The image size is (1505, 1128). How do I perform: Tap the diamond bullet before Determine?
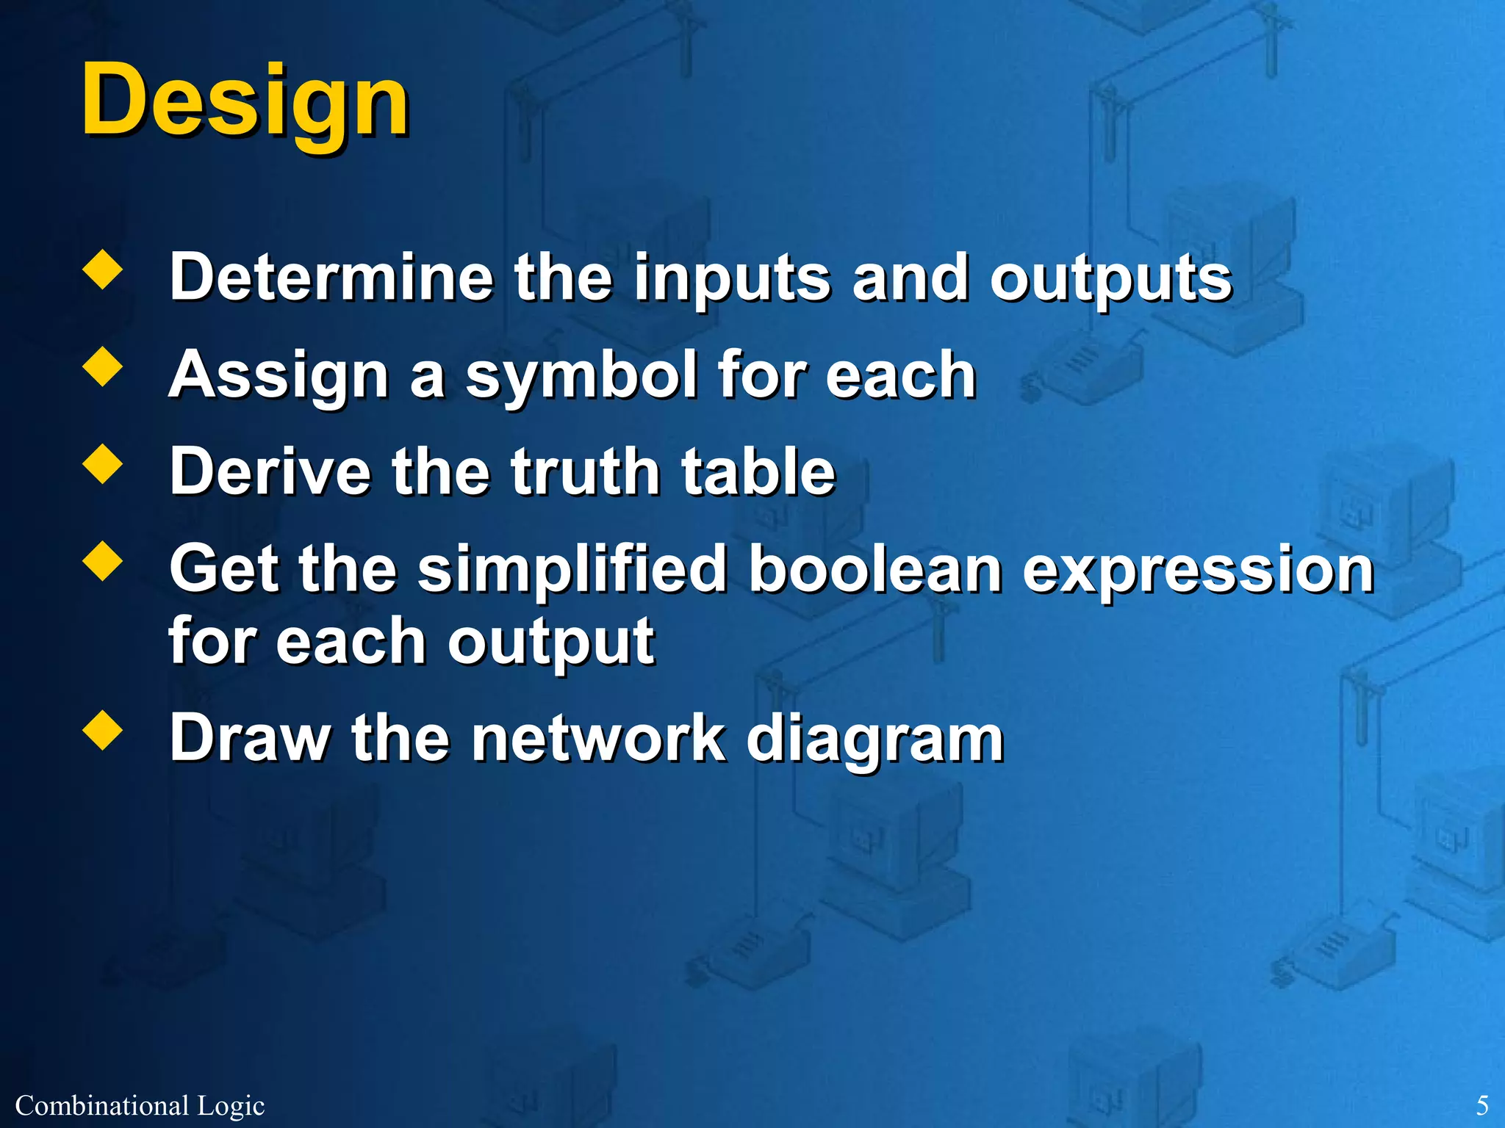103,271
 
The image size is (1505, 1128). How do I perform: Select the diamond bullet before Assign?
103,367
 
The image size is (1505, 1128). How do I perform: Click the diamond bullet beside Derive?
103,464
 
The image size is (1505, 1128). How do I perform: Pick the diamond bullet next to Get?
103,562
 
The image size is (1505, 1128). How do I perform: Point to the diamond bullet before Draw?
103,731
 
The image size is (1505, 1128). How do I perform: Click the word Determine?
331,277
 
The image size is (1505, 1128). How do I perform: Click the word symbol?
581,376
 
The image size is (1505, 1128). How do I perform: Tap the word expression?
1198,571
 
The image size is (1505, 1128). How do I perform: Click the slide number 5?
1482,1105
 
